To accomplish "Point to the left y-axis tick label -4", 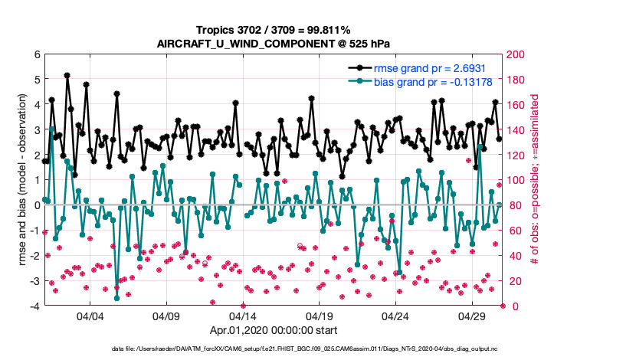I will (x=34, y=306).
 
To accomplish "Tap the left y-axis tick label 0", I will (x=37, y=205).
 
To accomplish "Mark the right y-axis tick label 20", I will (x=514, y=281).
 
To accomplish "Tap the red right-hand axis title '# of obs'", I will (x=536, y=180).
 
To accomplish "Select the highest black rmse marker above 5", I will (x=67, y=76).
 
